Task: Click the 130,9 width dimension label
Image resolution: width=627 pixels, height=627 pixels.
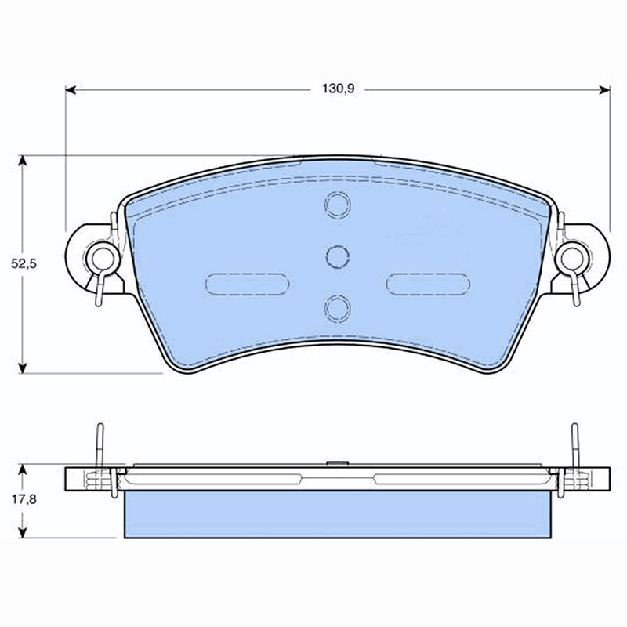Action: click(339, 89)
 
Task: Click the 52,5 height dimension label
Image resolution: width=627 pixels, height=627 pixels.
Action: click(24, 264)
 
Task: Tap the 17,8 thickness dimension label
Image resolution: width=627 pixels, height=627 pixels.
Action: click(24, 499)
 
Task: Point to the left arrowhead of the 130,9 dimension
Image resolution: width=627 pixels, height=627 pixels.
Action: click(71, 90)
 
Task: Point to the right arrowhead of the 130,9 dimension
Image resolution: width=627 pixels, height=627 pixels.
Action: click(604, 90)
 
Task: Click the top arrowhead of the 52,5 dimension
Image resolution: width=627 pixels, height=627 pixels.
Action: click(23, 161)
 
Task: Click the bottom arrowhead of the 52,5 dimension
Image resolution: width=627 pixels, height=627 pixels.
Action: click(23, 368)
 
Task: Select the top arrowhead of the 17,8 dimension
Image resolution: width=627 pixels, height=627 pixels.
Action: click(23, 469)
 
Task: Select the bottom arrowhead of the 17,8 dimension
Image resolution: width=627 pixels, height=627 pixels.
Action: click(23, 532)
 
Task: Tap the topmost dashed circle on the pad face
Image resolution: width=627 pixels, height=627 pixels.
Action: click(338, 205)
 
